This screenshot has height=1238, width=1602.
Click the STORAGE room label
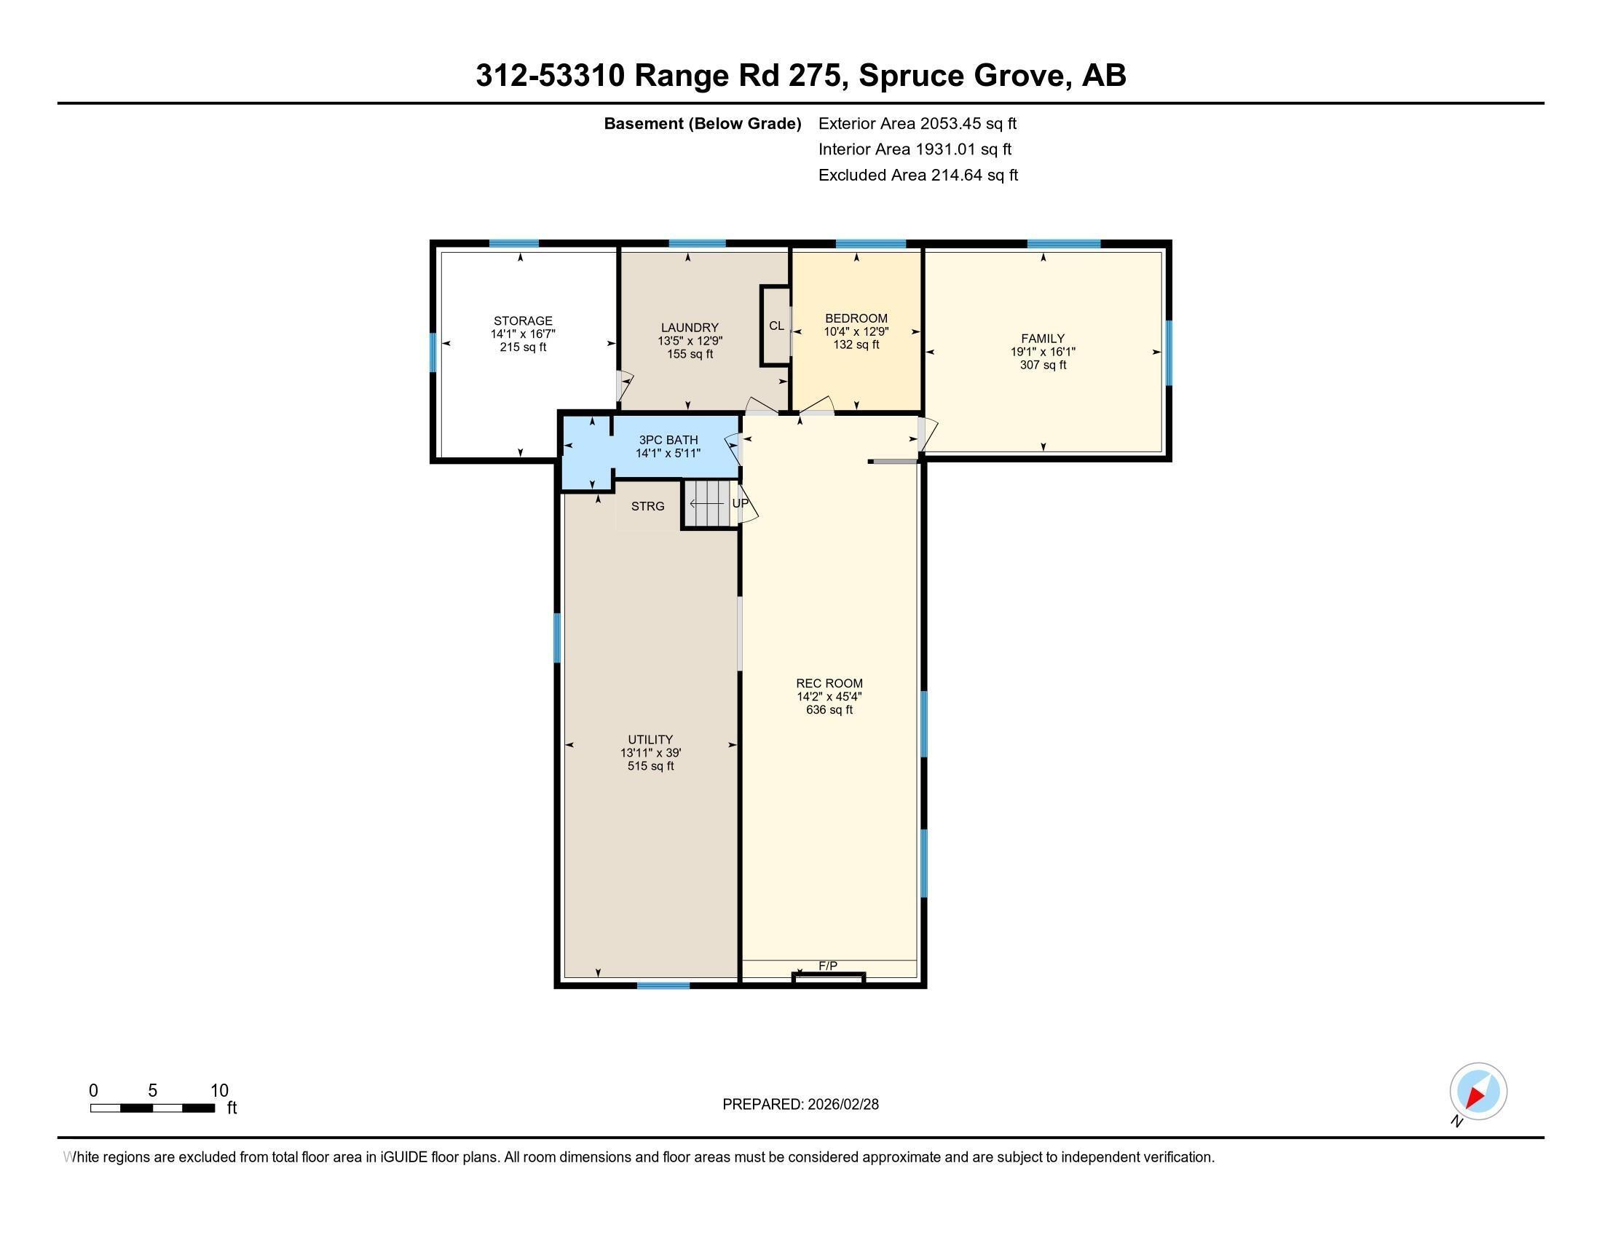click(x=522, y=320)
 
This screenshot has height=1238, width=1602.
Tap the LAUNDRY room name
click(x=689, y=328)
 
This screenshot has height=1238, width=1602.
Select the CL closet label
click(x=776, y=326)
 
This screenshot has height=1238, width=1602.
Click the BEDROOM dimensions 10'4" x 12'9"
click(x=856, y=331)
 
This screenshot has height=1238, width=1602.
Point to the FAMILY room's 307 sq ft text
click(x=1042, y=365)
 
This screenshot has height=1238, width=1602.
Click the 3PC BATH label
click(x=668, y=440)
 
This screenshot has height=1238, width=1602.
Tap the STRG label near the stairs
click(x=647, y=506)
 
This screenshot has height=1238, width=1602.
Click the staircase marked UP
click(x=710, y=504)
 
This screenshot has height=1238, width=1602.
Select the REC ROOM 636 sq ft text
click(x=829, y=710)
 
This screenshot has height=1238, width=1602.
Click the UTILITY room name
click(x=650, y=739)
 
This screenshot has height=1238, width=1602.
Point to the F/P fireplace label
click(x=827, y=966)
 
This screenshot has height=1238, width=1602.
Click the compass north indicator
click(x=1477, y=1091)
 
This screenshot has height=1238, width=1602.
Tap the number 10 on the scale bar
click(x=219, y=1091)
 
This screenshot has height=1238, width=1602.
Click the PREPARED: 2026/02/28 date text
click(x=800, y=1105)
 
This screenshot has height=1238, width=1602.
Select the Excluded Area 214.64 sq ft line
click(x=918, y=176)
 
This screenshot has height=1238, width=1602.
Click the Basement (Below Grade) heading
click(x=702, y=124)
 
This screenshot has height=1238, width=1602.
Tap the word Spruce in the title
click(x=910, y=76)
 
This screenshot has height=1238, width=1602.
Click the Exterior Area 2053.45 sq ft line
click(x=917, y=124)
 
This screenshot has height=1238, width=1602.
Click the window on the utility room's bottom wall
click(x=663, y=986)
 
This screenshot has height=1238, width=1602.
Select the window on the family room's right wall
click(x=1168, y=352)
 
